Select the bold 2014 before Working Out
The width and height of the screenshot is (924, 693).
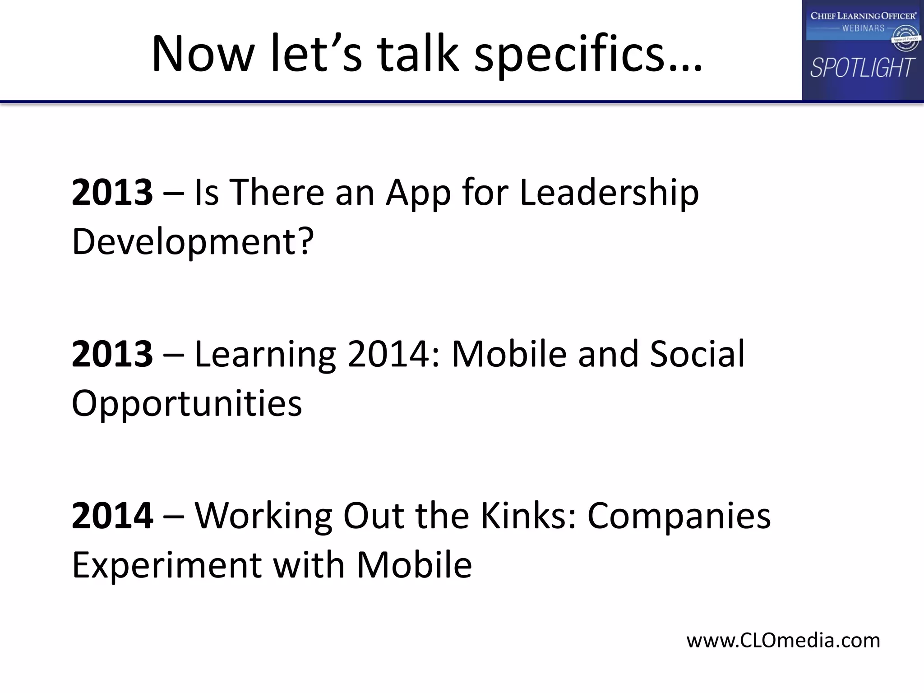[112, 516]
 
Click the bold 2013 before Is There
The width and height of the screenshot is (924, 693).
[112, 193]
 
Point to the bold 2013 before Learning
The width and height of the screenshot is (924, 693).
[112, 354]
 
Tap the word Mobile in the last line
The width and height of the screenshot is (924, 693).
[414, 565]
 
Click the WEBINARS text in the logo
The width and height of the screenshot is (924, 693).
[863, 28]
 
